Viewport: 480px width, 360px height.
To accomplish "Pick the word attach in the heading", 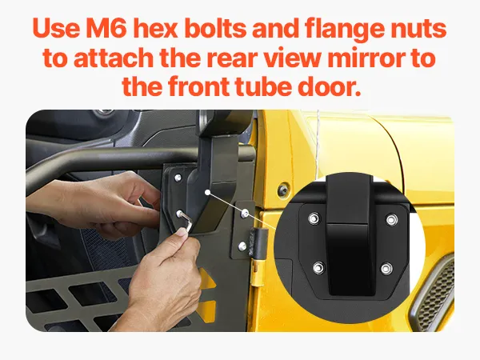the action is coord(114,58).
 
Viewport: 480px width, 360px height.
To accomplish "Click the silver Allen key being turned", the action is coord(186,221).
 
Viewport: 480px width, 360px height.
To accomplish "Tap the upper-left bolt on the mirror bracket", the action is coord(178,178).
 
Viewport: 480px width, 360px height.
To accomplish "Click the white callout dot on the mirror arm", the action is coord(207,192).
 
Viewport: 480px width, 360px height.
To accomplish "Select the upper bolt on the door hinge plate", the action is coord(245,213).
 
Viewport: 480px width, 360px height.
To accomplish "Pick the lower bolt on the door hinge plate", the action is coord(242,246).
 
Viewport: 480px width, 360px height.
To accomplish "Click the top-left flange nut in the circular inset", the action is coord(314,218).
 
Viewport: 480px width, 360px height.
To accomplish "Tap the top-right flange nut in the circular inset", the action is coord(392,219).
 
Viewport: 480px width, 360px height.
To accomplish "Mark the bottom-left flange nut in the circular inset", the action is coord(318,268).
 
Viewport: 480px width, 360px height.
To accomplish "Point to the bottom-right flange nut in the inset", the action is coord(386,269).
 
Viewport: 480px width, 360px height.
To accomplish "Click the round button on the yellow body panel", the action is coord(283,190).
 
